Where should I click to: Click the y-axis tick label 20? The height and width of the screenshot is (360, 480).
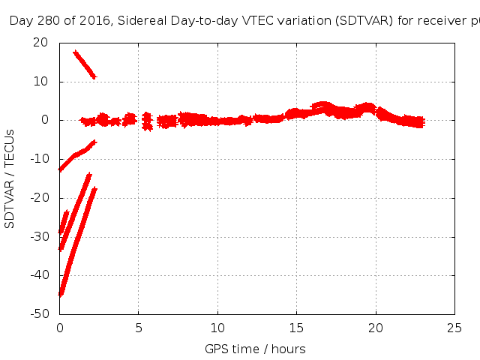click(x=42, y=42)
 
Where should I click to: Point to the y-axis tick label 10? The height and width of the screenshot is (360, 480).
click(x=42, y=81)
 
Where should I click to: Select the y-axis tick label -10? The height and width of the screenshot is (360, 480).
click(x=40, y=159)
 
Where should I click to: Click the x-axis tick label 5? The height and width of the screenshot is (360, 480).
click(x=139, y=328)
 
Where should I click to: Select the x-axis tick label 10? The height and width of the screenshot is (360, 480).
click(x=217, y=328)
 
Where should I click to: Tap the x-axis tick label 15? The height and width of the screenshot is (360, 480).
click(x=297, y=328)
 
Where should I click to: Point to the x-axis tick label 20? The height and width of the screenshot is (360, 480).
click(x=376, y=328)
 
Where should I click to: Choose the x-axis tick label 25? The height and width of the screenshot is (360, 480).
click(x=454, y=328)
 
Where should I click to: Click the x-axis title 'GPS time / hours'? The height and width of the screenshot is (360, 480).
click(x=255, y=349)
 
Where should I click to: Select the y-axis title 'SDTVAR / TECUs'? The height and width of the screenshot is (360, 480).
click(x=10, y=178)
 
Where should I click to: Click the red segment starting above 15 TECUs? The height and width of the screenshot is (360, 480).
click(x=85, y=64)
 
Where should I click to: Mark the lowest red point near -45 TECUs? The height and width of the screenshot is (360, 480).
click(x=61, y=293)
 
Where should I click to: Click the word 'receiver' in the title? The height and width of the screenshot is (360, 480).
click(x=428, y=21)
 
